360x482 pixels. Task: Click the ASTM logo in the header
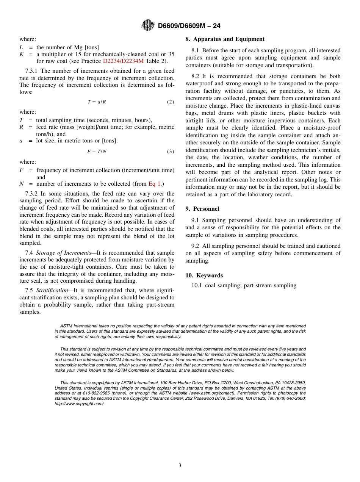(148, 26)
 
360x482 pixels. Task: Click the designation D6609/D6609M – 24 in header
(189, 26)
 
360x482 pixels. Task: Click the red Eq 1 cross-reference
(155, 184)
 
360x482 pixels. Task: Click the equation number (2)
(171, 102)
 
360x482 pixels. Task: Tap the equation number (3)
(171, 152)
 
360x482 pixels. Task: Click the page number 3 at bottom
(180, 466)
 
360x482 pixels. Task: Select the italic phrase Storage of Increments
(63, 253)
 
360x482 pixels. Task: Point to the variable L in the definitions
(21, 47)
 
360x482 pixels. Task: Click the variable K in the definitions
(22, 54)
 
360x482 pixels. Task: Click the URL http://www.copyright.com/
(79, 404)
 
